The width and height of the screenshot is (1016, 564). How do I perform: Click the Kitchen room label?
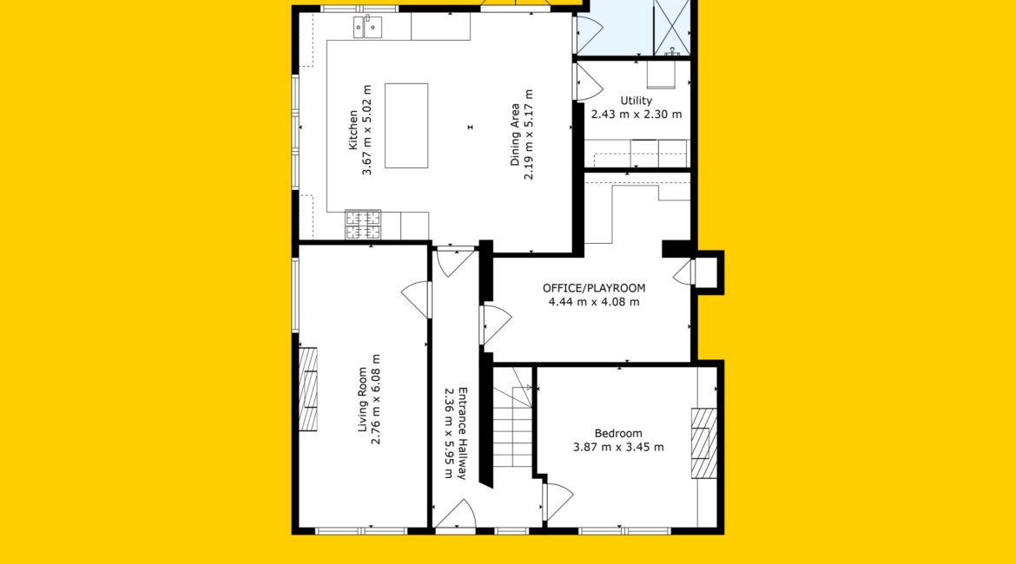tap(353, 130)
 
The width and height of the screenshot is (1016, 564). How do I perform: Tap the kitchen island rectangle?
tap(406, 126)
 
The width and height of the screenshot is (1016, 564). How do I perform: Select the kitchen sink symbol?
tap(367, 27)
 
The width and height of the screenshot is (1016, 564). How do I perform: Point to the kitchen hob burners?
tap(363, 224)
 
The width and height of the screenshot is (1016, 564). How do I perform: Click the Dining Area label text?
tap(515, 134)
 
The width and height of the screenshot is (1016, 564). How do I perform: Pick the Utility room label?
tap(637, 101)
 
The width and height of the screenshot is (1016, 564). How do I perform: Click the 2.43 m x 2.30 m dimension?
tap(637, 115)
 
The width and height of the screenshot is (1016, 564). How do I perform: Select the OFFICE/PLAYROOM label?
tap(594, 288)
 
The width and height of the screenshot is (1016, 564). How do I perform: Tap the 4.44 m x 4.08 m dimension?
tap(594, 302)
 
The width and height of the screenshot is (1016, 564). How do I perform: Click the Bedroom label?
tap(618, 433)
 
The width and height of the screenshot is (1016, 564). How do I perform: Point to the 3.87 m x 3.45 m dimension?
tap(618, 447)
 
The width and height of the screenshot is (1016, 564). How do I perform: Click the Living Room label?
tap(362, 399)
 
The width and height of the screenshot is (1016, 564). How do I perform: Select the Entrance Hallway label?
tap(462, 433)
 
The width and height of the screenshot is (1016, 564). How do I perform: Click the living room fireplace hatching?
tap(307, 390)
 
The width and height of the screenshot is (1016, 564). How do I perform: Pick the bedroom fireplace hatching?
tap(703, 443)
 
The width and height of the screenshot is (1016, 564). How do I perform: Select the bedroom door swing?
tap(558, 502)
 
